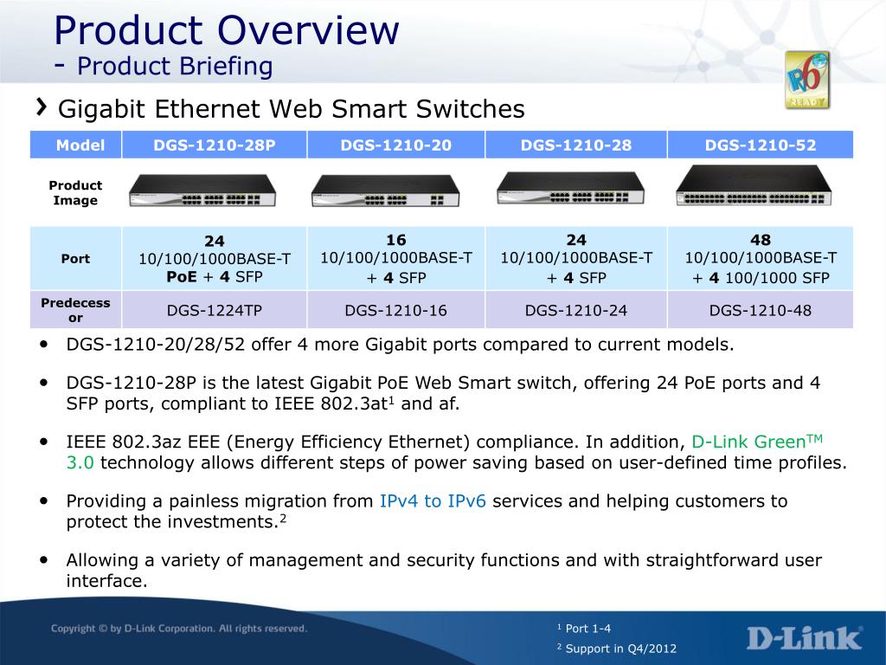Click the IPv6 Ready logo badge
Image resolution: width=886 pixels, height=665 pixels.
[807, 80]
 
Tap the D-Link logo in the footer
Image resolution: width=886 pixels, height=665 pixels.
[805, 638]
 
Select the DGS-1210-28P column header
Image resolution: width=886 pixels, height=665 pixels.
[215, 145]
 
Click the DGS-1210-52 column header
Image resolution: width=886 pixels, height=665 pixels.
[761, 145]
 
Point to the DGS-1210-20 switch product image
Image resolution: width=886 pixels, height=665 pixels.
[385, 190]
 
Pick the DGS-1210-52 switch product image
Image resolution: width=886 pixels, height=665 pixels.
[754, 185]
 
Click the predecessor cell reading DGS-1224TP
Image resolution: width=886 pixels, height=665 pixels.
[215, 311]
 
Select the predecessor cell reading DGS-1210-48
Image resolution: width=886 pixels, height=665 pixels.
[761, 311]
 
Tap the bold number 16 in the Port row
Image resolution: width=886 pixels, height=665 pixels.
[396, 240]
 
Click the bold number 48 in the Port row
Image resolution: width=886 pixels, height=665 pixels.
[761, 240]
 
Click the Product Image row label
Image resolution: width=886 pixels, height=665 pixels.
[75, 193]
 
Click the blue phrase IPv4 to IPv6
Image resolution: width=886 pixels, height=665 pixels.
[433, 501]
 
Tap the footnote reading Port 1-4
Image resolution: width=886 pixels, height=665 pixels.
[584, 629]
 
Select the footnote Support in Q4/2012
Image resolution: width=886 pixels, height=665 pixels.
[616, 648]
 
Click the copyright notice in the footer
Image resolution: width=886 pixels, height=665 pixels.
[179, 629]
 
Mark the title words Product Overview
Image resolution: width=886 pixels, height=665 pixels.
[227, 30]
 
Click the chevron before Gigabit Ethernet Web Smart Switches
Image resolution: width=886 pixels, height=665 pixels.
[42, 107]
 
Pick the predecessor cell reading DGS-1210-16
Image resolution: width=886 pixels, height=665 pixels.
[396, 311]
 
